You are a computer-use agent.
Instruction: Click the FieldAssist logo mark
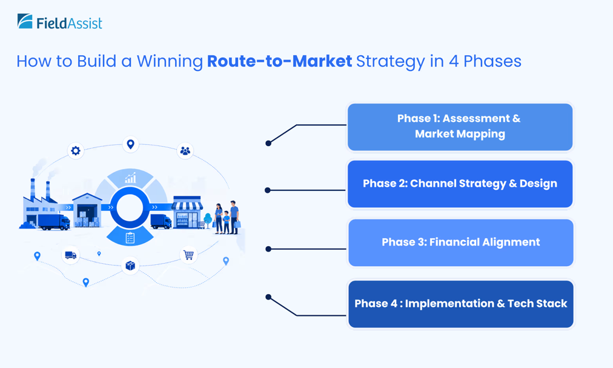(25, 21)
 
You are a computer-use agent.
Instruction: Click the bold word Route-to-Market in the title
(279, 61)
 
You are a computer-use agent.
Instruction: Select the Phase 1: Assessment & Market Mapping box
(460, 127)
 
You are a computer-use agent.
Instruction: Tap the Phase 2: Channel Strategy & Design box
(460, 184)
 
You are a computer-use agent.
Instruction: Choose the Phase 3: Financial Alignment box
(460, 243)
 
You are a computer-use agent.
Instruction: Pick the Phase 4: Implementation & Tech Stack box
(460, 304)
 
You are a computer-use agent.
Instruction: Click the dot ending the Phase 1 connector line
(268, 143)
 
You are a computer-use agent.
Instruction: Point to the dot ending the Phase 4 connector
(268, 297)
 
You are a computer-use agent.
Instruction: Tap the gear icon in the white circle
(76, 151)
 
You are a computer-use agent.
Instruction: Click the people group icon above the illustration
(185, 151)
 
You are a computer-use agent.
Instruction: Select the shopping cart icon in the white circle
(188, 255)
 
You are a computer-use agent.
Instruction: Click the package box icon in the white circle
(130, 266)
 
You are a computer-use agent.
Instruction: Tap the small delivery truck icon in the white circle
(71, 255)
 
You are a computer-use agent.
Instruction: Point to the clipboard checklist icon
(130, 238)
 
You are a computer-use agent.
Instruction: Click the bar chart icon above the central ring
(130, 178)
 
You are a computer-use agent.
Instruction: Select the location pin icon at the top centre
(131, 144)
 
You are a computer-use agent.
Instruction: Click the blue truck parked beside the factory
(54, 221)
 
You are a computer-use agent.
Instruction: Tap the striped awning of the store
(187, 206)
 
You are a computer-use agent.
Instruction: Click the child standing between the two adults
(227, 222)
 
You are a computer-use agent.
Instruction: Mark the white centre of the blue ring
(130, 208)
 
